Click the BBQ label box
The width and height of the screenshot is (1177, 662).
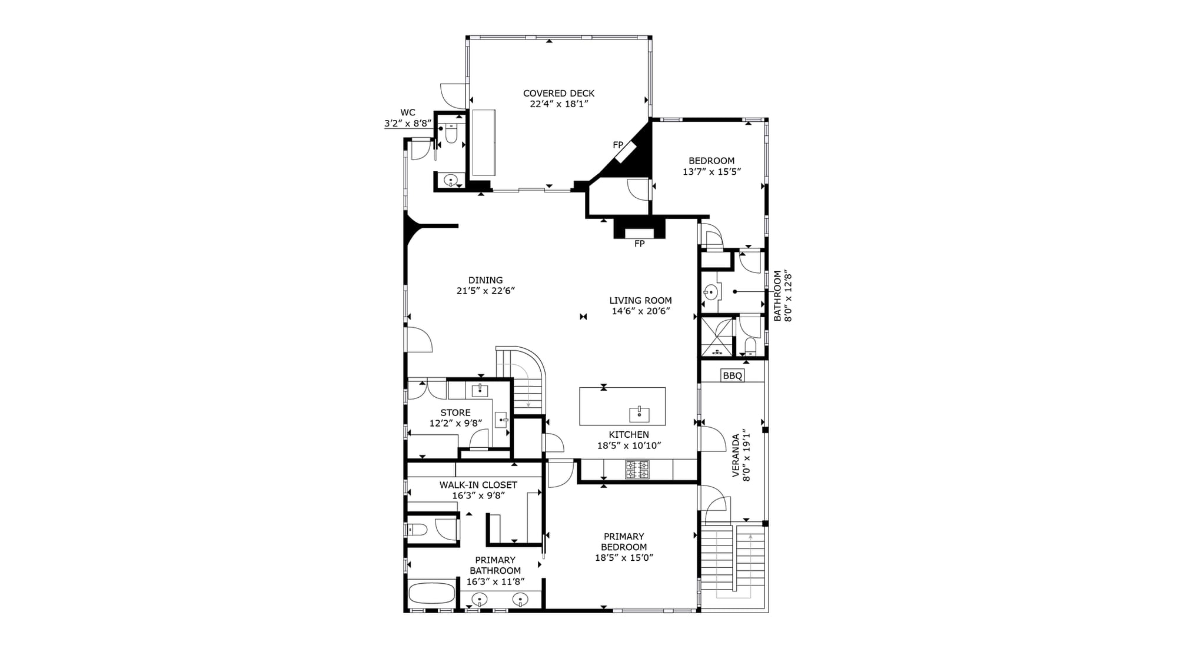point(733,375)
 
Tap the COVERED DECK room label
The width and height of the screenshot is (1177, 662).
point(558,94)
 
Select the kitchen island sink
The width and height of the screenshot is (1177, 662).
point(639,414)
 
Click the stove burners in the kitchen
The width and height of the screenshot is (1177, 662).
point(637,470)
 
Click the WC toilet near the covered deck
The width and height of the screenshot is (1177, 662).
point(451,134)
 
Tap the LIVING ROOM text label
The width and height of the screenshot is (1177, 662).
point(640,301)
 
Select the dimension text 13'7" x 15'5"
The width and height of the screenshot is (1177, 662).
point(711,172)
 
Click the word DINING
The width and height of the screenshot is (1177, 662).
point(486,281)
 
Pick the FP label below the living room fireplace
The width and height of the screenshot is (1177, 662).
point(640,244)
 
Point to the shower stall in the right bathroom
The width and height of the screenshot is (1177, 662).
point(717,337)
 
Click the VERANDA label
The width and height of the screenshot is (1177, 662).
point(736,455)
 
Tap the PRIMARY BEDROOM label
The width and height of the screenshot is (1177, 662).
point(624,542)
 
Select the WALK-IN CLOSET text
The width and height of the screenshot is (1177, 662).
point(478,485)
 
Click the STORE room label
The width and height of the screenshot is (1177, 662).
point(455,413)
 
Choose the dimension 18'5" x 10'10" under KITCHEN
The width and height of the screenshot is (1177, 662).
point(629,446)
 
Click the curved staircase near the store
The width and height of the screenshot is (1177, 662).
point(521,380)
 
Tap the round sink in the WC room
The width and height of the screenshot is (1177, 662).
point(451,180)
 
